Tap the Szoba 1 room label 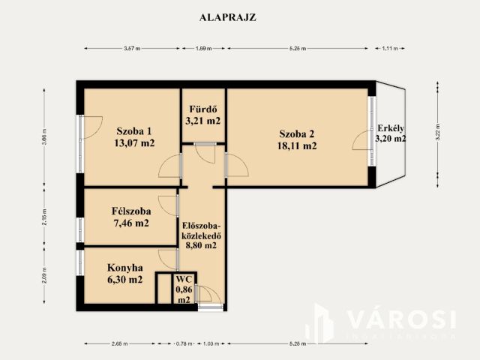tap(133, 128)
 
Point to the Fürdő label tap(202, 106)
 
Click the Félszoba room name tap(130, 210)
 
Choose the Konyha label tap(124, 266)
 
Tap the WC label tap(183, 277)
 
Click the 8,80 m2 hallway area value tap(200, 244)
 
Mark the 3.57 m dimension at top tap(132, 49)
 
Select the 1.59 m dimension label tap(203, 49)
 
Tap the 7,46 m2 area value tap(130, 223)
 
